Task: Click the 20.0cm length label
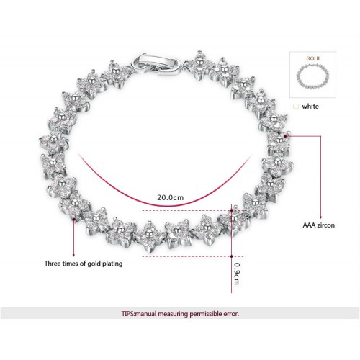[x=171, y=197]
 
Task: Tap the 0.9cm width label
[x=237, y=274]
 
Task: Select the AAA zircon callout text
[x=318, y=225]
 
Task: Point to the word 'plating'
[x=112, y=264]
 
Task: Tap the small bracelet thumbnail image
[x=312, y=76]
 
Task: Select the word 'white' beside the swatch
[x=310, y=107]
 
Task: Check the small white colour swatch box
[x=296, y=107]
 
